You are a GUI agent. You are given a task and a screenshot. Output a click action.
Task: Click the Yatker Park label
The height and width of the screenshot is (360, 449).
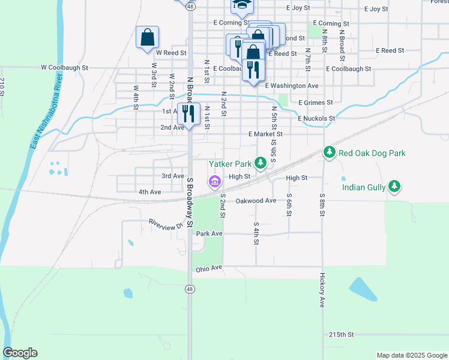(230, 163)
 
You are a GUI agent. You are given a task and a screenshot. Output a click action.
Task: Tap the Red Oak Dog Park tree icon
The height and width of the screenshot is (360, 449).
(329, 153)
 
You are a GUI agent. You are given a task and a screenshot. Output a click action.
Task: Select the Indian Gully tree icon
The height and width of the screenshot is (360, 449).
(394, 187)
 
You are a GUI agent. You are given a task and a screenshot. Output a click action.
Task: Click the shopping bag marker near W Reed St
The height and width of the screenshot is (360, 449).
(147, 38)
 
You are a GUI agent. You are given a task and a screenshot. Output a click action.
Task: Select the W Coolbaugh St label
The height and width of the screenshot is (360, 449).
(64, 68)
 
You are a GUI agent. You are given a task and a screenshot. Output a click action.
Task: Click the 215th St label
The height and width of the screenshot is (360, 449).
(342, 334)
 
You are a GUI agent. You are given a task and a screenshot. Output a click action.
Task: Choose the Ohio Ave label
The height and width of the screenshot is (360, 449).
(209, 268)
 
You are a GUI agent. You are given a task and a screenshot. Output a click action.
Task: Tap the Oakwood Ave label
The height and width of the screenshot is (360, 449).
(256, 200)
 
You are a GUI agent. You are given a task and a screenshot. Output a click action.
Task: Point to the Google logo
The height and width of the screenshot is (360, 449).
(20, 353)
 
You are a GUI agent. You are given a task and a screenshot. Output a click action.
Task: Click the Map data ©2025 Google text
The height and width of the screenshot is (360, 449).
(412, 355)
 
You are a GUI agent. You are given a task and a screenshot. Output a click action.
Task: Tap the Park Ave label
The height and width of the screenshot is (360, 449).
(209, 233)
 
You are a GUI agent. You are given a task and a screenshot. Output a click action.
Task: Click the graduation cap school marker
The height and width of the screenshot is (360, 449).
(243, 5)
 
